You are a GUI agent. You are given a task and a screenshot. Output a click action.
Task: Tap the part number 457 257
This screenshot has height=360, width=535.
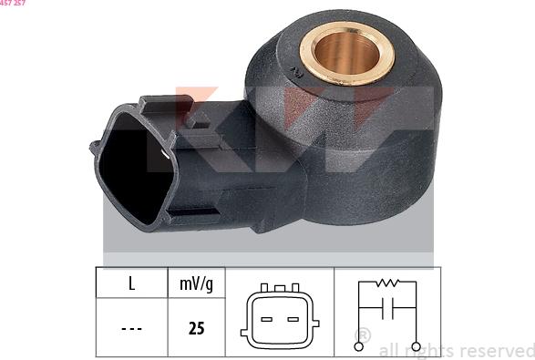pos(13,4)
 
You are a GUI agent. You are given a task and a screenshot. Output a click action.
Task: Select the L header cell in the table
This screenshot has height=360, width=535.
pos(131,283)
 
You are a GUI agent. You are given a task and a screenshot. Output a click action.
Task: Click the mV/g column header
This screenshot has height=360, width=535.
pos(196,283)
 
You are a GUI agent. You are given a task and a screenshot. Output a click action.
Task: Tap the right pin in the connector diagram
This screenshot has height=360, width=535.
pos(293,319)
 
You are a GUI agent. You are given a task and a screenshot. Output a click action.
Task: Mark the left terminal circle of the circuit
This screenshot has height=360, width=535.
pos(358,346)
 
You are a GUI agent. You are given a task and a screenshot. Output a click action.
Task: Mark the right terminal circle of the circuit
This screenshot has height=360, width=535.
pos(417,346)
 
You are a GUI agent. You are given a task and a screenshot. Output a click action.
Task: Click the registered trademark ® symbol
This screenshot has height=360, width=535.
pos(362,335)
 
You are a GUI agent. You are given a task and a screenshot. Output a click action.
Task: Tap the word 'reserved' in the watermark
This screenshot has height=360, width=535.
pos(498,351)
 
